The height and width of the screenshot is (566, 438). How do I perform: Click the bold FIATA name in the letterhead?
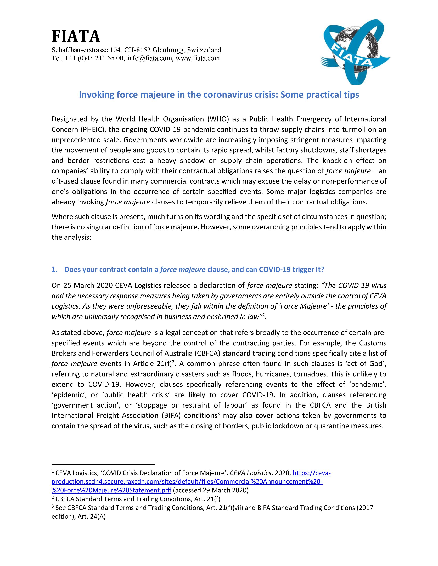[76, 36]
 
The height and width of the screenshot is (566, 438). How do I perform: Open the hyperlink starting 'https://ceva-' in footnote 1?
[312, 473]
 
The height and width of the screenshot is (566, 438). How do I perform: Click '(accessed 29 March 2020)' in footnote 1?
[211, 490]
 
